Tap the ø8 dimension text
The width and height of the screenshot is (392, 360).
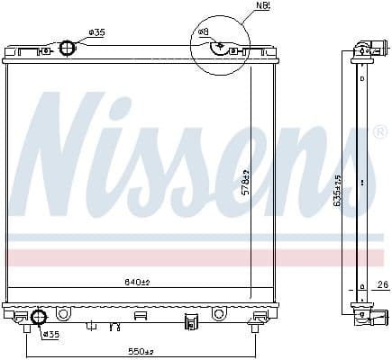tap(204, 32)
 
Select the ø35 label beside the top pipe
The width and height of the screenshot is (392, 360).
tap(96, 32)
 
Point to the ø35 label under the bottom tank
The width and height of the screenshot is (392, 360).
tap(51, 335)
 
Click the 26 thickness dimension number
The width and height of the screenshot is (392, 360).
tap(383, 286)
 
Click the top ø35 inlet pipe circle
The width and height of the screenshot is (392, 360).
tap(68, 48)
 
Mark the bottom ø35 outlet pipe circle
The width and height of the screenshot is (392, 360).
tap(38, 317)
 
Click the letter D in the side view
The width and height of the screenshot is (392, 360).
tap(361, 79)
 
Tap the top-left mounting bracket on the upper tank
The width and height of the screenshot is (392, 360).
tap(41, 52)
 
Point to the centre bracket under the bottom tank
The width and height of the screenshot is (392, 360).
tap(190, 321)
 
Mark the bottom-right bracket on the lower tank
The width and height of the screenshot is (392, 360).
tap(260, 317)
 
